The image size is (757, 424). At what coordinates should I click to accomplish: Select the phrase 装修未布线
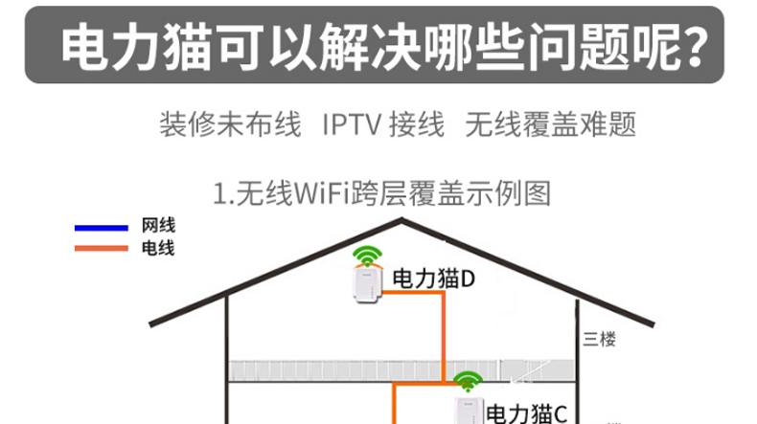coord(230,124)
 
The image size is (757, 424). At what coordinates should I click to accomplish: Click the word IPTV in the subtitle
coord(353,124)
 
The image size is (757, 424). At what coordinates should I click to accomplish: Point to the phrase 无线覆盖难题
coord(550,124)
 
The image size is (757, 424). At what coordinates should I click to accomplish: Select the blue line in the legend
coord(102,228)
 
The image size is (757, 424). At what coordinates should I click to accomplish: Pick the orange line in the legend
coord(102,249)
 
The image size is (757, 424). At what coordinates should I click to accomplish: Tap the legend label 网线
coord(158,227)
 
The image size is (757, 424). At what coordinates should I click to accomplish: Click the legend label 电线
coord(158,249)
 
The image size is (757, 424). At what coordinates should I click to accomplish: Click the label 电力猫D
coord(434,279)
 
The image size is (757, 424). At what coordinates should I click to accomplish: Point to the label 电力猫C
coord(526,413)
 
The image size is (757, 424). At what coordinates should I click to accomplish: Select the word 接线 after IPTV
coord(417,124)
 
